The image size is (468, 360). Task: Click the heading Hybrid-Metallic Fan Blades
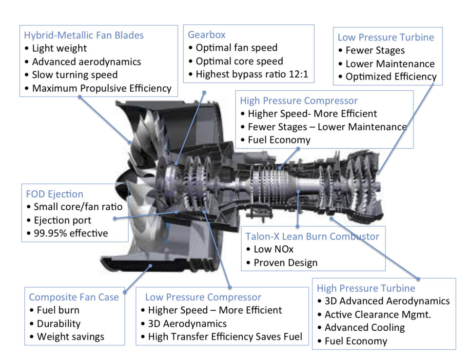click(84, 35)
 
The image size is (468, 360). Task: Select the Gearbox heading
click(207, 35)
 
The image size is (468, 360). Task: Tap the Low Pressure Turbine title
click(386, 37)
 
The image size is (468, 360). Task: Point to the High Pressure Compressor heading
click(299, 100)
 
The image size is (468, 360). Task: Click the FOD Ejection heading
click(55, 194)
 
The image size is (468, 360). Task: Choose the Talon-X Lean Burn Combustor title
click(312, 236)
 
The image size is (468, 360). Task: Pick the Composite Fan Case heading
click(74, 297)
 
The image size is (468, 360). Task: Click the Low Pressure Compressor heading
click(203, 297)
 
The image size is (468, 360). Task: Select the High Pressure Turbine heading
click(366, 288)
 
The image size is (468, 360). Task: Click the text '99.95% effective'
click(70, 233)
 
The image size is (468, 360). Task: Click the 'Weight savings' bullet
click(70, 337)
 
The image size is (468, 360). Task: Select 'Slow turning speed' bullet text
click(75, 75)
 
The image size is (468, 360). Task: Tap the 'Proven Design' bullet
click(285, 262)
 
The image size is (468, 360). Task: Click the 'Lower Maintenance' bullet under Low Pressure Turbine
click(390, 63)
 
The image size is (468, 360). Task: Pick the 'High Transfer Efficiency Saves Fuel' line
click(225, 336)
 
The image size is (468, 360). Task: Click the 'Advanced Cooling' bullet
click(364, 327)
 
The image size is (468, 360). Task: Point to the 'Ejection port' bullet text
click(61, 220)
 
